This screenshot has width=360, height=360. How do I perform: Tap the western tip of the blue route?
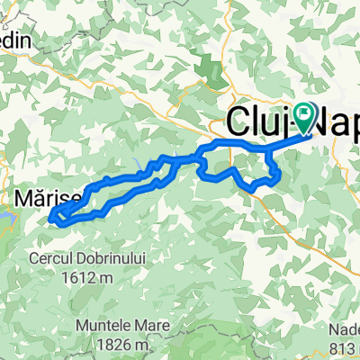(52, 216)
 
